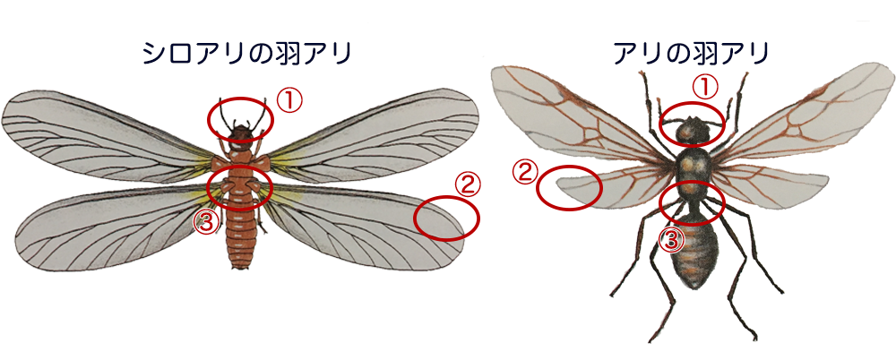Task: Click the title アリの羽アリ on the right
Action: (x=692, y=53)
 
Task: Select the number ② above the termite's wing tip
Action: (x=467, y=186)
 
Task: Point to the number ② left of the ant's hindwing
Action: (x=524, y=170)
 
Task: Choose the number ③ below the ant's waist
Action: (x=672, y=237)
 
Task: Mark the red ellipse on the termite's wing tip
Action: (x=446, y=218)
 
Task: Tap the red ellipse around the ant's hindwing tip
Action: (x=569, y=188)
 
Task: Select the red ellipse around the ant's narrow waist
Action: (x=692, y=201)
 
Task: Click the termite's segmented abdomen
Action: (x=241, y=237)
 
